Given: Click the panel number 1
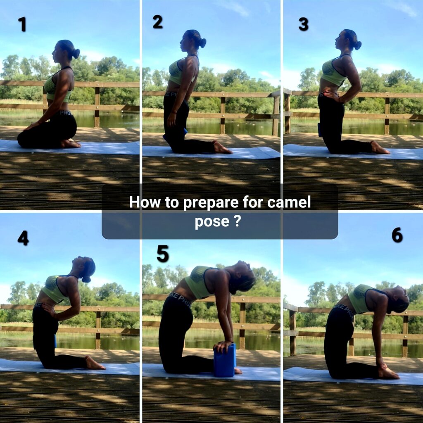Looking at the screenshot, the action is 23,24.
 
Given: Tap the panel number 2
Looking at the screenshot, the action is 158,22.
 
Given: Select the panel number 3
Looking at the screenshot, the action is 304,24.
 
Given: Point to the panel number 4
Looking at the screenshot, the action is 23,238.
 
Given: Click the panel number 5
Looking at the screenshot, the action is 163,254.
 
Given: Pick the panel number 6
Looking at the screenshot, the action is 397,235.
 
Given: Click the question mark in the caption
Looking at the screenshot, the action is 237,221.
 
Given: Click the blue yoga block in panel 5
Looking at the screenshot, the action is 225,360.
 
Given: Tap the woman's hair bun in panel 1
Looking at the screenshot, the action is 76,53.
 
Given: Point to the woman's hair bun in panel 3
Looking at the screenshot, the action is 357,45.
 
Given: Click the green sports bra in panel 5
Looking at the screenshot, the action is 202,282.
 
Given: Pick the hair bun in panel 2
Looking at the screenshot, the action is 203,43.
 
